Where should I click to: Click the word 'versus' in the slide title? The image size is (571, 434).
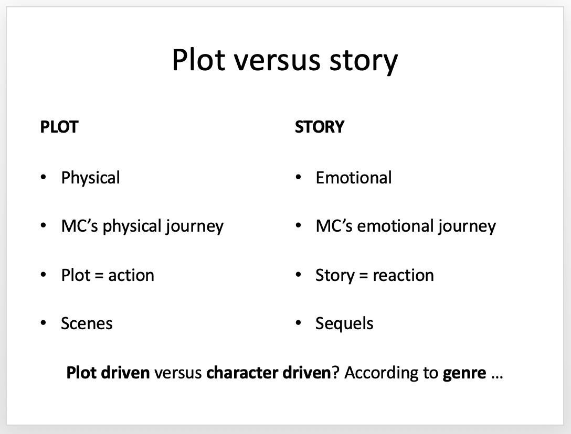tap(277, 61)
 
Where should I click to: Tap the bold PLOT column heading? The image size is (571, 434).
tap(59, 127)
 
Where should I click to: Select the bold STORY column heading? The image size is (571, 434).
tap(320, 127)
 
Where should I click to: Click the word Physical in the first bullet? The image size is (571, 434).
tap(90, 178)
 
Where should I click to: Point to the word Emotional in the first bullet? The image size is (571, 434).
tap(354, 178)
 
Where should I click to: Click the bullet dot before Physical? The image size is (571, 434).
tap(44, 177)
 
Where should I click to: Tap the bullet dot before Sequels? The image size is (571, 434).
tap(298, 323)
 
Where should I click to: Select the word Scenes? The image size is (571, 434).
tap(87, 323)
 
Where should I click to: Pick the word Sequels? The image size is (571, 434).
tap(344, 324)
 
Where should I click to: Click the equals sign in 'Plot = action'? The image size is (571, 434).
tap(99, 275)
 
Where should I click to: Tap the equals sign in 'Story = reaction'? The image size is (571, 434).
tap(363, 275)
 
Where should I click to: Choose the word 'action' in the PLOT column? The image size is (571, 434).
tap(131, 275)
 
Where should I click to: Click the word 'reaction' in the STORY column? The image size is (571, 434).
tap(404, 275)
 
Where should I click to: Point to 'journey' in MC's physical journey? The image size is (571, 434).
tap(195, 227)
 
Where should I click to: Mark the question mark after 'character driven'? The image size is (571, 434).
tap(335, 373)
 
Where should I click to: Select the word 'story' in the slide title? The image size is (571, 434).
tap(364, 62)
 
